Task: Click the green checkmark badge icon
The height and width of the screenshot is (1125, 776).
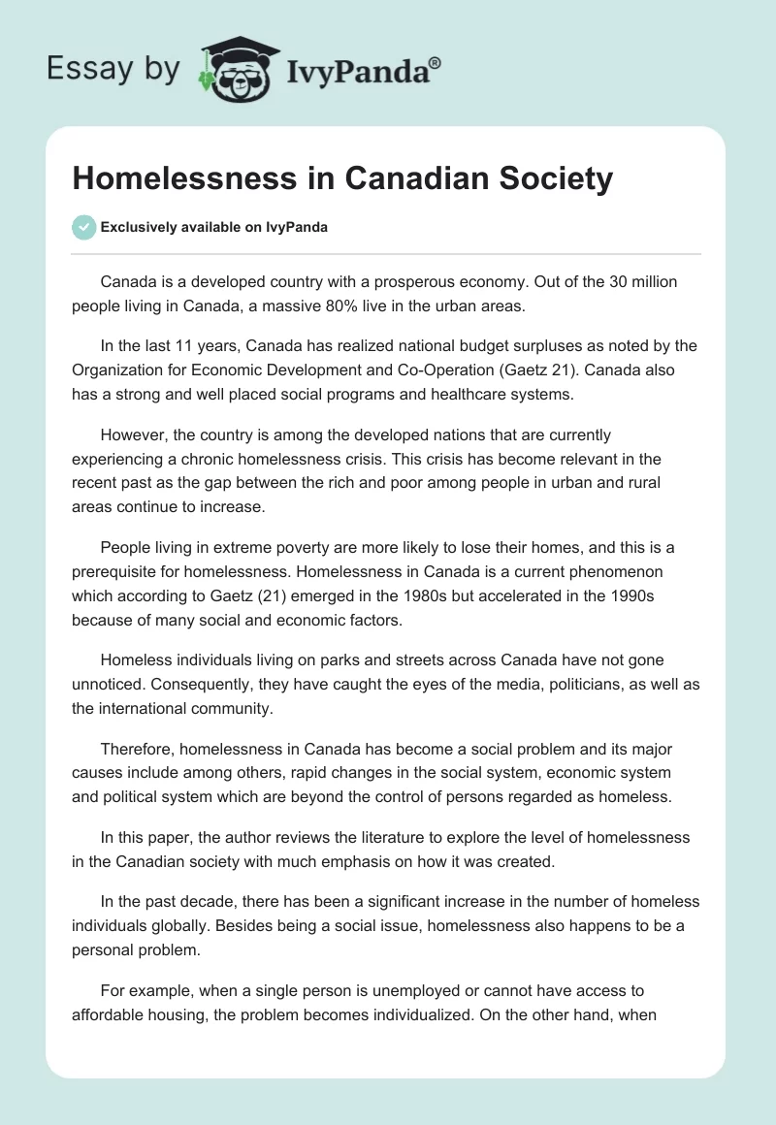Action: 84,227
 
